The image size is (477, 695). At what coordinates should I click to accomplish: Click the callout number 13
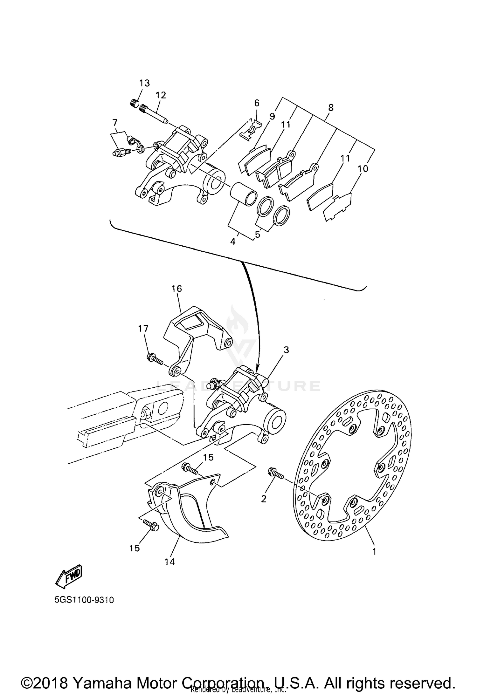click(144, 83)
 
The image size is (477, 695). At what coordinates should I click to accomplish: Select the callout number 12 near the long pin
click(161, 95)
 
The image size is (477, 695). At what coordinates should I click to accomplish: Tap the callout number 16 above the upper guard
click(176, 289)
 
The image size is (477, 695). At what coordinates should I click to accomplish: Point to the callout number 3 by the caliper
click(286, 350)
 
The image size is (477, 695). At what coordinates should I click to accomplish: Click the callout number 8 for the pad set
click(331, 107)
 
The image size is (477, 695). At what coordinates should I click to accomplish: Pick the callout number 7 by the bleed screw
click(115, 122)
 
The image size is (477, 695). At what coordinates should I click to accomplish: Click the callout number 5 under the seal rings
click(258, 235)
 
